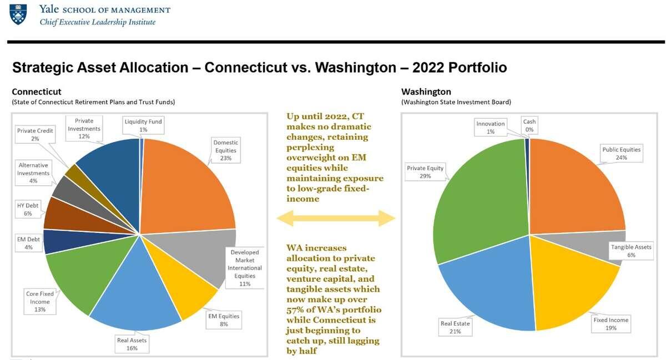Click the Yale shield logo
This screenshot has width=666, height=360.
pos(18,14)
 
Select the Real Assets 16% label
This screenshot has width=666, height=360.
pos(132,344)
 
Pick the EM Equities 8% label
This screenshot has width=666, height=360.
pos(224,320)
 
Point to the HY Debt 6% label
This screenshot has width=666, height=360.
pos(28,209)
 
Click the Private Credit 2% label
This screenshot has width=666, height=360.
pos(35,135)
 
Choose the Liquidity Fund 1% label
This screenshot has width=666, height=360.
pos(143,125)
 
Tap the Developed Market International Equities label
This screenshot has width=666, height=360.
pos(244,268)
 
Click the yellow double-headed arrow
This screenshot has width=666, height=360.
pos(335,219)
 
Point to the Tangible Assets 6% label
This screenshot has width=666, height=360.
pos(631,251)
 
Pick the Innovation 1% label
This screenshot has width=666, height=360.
pos(490,127)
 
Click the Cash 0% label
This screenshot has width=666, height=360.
pos(529,125)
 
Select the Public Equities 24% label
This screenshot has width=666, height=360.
pos(621,153)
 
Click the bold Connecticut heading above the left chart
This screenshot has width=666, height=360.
pos(37,92)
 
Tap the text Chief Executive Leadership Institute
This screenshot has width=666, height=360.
pos(97,22)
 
